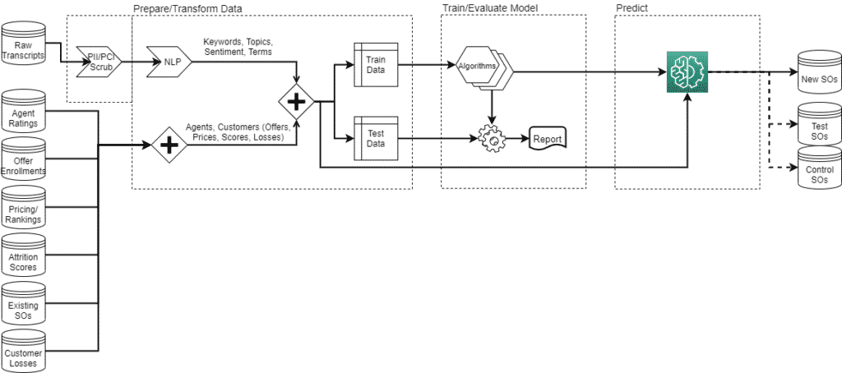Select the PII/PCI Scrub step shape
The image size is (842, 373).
tap(99, 62)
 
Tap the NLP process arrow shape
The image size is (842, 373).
tap(169, 62)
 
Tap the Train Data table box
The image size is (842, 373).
tap(376, 64)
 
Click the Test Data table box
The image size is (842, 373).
tap(376, 138)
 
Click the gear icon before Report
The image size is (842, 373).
tap(492, 139)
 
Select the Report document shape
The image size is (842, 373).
tap(548, 139)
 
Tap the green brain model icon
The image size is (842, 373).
tap(687, 72)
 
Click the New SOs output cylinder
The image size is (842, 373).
tap(820, 71)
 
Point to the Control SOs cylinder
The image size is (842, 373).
tap(820, 167)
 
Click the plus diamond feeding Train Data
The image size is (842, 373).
tap(296, 101)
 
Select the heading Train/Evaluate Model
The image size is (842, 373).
tap(490, 8)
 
